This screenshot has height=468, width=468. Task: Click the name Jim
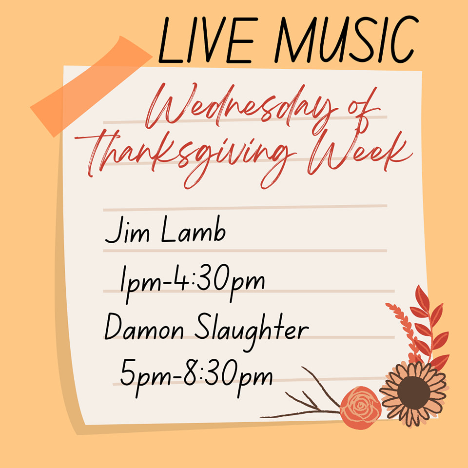[127, 230]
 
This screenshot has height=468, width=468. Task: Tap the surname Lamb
[194, 229]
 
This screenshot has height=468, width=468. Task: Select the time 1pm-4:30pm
[193, 283]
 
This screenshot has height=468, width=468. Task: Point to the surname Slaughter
[252, 331]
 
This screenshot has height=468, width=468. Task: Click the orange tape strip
[91, 87]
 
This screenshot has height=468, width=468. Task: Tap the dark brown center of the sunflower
[414, 392]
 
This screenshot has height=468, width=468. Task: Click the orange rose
[361, 408]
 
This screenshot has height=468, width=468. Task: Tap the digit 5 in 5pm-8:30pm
[128, 372]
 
